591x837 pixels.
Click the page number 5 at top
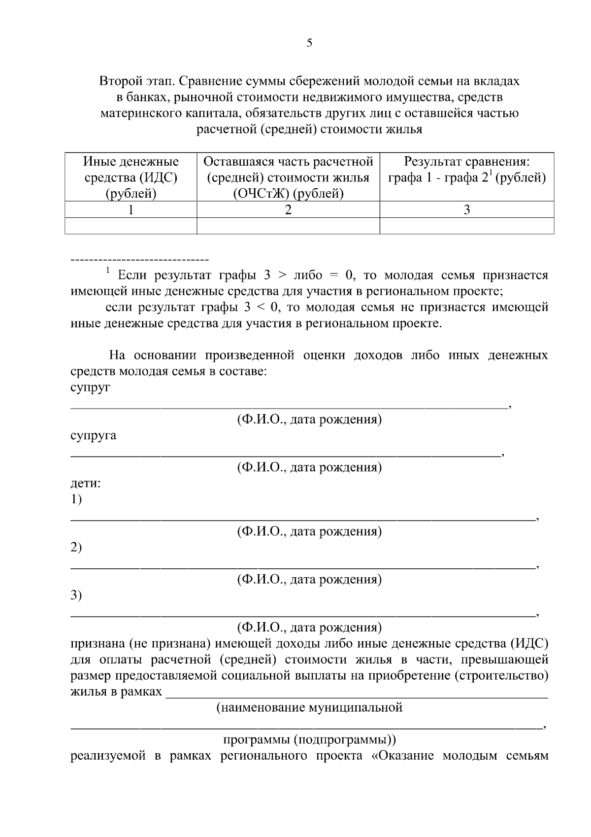point(309,43)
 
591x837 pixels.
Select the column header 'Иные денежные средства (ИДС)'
point(131,177)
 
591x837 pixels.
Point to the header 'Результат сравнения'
point(466,162)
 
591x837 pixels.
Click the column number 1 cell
point(131,210)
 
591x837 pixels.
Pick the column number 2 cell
point(288,210)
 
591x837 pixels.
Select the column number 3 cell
point(466,210)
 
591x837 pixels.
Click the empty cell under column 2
point(288,226)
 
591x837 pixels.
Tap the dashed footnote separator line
point(140,259)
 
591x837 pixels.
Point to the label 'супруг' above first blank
point(90,388)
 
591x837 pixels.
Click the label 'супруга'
point(93,436)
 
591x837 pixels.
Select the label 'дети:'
point(86,483)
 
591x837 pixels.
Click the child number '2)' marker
point(76,547)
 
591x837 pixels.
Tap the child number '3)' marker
point(76,595)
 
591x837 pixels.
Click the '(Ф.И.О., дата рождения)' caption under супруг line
point(309,419)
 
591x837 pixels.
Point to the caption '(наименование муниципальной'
point(309,708)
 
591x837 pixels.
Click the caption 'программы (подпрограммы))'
point(309,740)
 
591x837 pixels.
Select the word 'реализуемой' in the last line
point(108,756)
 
